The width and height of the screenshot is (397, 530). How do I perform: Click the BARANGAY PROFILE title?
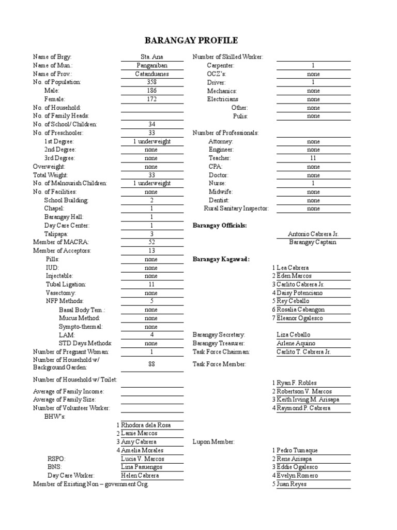[x=198, y=40]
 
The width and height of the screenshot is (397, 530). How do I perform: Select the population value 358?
[x=151, y=82]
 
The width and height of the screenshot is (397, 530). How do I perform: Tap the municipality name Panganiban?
[x=151, y=65]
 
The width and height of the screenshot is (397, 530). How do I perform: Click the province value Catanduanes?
[x=151, y=73]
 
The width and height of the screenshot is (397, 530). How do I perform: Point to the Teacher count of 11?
[x=313, y=158]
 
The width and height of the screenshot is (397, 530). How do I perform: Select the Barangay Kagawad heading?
[x=221, y=259]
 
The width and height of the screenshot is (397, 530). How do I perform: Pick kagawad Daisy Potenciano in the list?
[x=300, y=293]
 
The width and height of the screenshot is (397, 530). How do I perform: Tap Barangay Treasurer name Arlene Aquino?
[x=296, y=343]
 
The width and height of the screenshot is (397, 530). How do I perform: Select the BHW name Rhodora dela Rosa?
[x=145, y=425]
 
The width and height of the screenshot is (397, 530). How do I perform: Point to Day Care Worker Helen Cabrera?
[x=140, y=475]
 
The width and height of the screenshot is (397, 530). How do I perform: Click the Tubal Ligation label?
[x=66, y=284]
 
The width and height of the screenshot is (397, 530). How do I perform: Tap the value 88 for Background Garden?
[x=151, y=364]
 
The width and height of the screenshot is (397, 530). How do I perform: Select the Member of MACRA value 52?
[x=151, y=242]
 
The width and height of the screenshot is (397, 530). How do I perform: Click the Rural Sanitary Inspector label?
[x=236, y=208]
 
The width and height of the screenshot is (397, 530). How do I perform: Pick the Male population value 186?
[x=151, y=90]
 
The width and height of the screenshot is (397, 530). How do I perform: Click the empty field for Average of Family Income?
[x=151, y=391]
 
